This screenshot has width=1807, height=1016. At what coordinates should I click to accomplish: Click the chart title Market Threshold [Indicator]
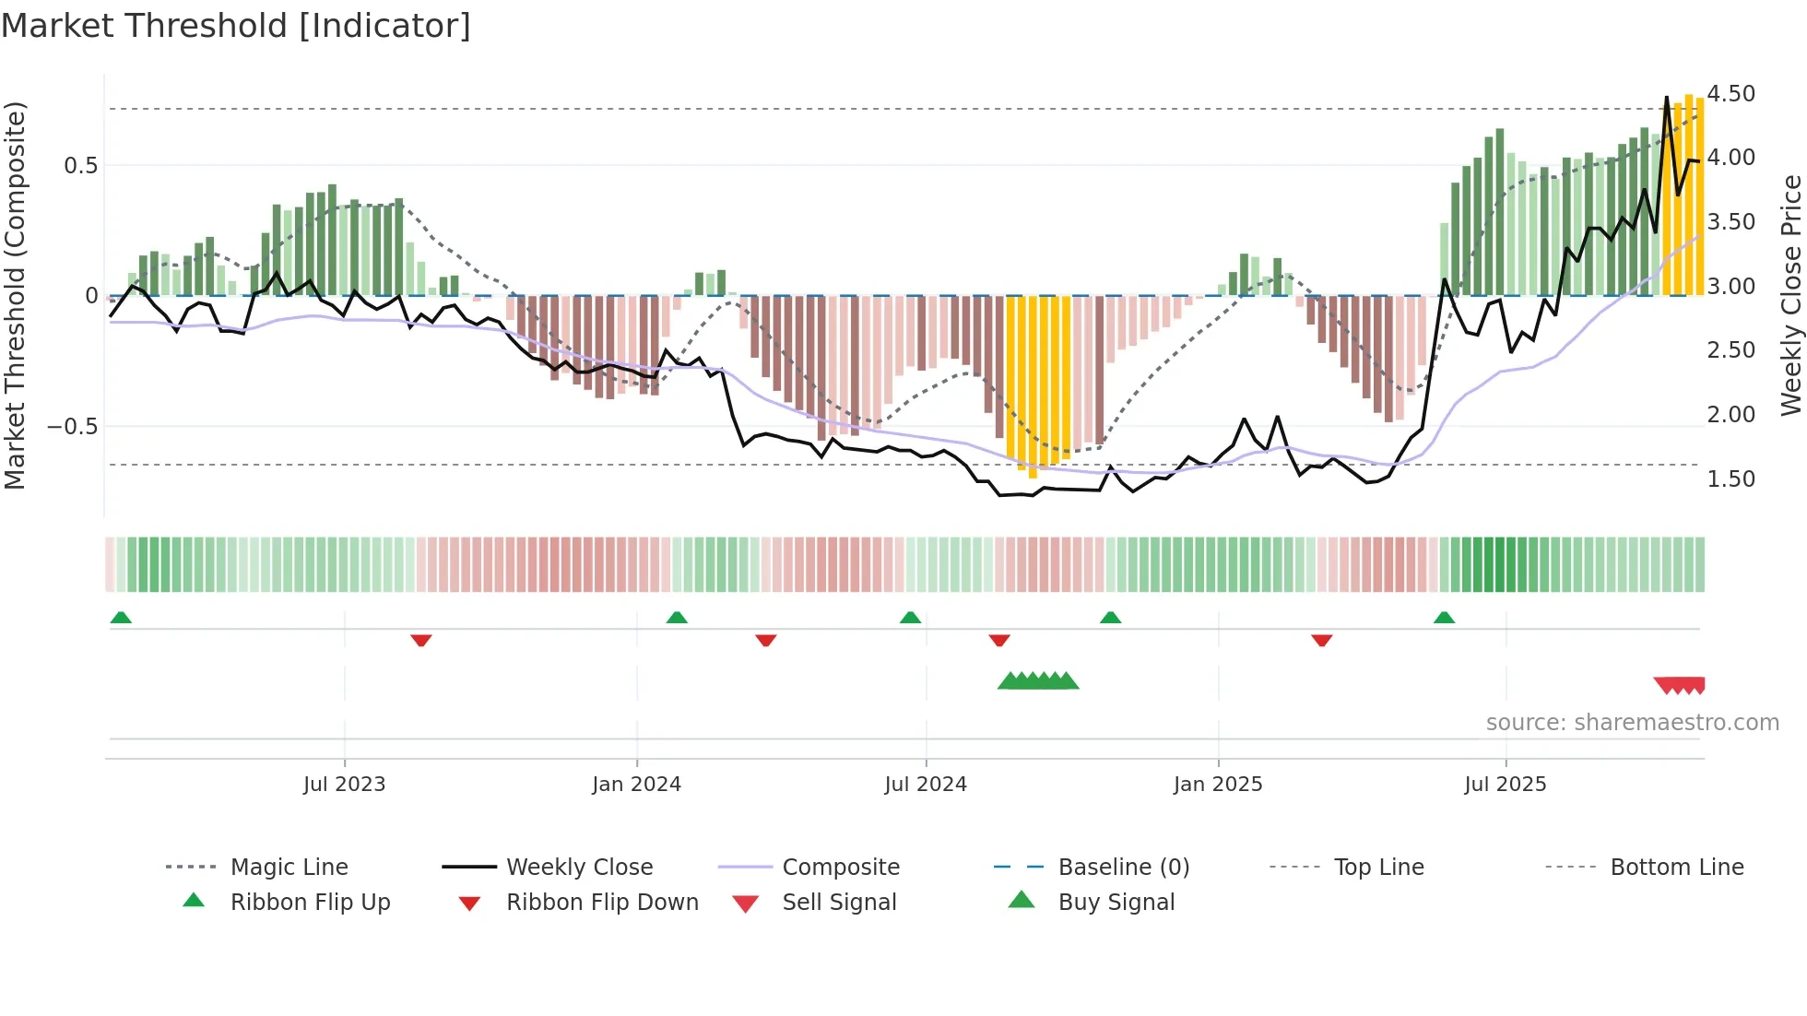pyautogui.click(x=236, y=26)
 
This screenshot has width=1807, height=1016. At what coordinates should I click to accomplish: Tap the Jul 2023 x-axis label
pyautogui.click(x=344, y=785)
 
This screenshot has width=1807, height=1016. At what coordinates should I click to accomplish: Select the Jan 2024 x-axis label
pyautogui.click(x=636, y=785)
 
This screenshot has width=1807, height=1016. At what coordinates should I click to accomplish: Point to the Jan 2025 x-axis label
pyautogui.click(x=1217, y=785)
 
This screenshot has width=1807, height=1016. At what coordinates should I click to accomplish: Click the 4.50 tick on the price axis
pyautogui.click(x=1730, y=94)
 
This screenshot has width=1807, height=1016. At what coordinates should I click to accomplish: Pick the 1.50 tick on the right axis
pyautogui.click(x=1730, y=479)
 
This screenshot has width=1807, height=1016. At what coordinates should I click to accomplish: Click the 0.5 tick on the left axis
pyautogui.click(x=80, y=166)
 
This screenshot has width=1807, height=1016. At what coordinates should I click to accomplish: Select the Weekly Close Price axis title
pyautogui.click(x=1789, y=295)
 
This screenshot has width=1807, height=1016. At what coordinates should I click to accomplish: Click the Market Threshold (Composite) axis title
pyautogui.click(x=15, y=295)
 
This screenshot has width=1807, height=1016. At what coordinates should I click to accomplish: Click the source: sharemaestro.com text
pyautogui.click(x=1632, y=723)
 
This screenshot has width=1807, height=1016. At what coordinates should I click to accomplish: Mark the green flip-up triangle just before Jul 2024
pyautogui.click(x=910, y=618)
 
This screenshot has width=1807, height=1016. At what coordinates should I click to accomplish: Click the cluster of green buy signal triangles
pyautogui.click(x=1038, y=681)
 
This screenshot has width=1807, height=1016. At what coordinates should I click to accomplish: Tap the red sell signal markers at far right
pyautogui.click(x=1680, y=685)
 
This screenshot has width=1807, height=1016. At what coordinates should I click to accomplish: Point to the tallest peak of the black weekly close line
pyautogui.click(x=1666, y=98)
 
